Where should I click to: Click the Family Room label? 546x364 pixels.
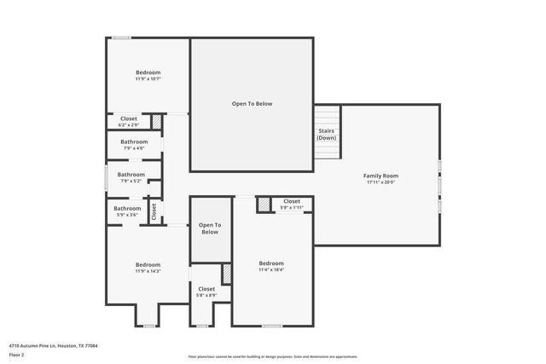point(382,176)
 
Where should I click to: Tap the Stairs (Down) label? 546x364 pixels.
point(326,135)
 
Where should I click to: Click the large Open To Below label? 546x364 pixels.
point(252,103)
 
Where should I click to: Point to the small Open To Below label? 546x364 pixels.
point(210,228)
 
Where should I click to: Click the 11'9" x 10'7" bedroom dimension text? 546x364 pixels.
point(148,79)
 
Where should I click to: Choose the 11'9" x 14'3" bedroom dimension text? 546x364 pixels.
point(148,271)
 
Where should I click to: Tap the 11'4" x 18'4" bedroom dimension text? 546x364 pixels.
point(271,269)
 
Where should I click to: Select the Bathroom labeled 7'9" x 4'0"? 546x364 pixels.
point(134,145)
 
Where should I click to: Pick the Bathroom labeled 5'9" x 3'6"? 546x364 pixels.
point(128,211)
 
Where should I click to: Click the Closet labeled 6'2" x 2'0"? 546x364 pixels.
point(128,121)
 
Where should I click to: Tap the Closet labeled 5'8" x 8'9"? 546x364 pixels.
point(206,292)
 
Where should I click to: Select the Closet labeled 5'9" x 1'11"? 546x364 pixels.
point(292,205)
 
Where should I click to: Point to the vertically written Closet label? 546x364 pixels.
point(154,210)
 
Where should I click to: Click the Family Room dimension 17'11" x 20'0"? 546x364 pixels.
point(382,182)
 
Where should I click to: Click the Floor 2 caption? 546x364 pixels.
point(17,355)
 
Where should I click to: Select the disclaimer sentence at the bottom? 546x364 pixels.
point(272,356)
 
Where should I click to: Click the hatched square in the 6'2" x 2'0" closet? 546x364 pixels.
point(157,122)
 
